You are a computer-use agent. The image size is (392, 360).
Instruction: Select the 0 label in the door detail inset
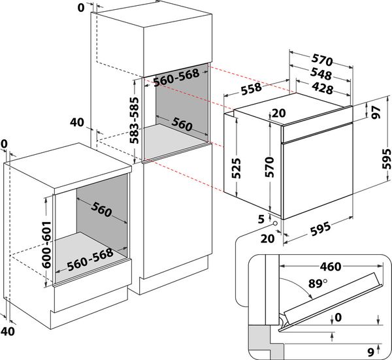[x=337, y=318]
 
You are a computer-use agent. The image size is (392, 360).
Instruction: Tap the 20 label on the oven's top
[x=278, y=112]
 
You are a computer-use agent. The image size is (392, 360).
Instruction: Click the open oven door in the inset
[x=327, y=301]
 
